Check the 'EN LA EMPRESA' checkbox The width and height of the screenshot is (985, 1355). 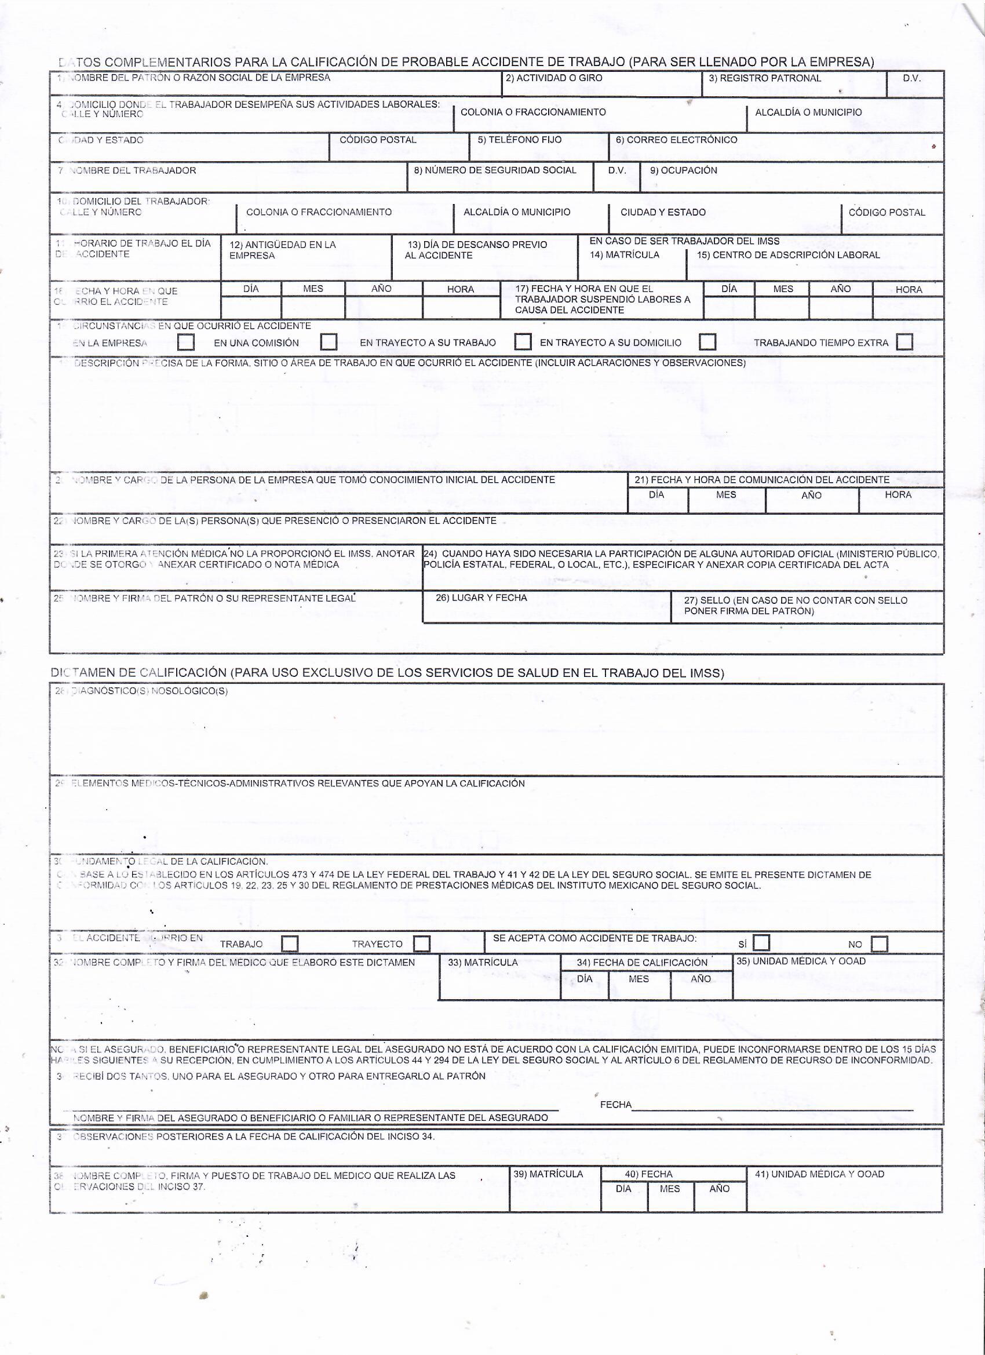(x=186, y=343)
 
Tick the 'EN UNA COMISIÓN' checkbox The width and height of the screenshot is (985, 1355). (x=329, y=343)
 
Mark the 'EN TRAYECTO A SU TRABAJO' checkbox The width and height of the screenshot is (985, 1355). (x=523, y=342)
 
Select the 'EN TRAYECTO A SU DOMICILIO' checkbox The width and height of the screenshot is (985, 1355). (x=708, y=342)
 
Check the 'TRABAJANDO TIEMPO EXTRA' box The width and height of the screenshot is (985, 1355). (x=904, y=343)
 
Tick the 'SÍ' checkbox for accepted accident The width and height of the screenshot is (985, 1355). (x=761, y=944)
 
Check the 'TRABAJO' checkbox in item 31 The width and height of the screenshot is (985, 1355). (x=290, y=944)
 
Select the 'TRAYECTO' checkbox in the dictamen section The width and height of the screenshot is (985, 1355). (x=422, y=944)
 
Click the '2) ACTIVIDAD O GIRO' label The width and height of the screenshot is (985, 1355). (x=554, y=78)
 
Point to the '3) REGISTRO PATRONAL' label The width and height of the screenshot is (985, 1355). (x=765, y=78)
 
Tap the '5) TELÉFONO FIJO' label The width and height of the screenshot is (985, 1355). (x=519, y=140)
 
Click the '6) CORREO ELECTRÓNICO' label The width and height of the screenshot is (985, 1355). (x=676, y=140)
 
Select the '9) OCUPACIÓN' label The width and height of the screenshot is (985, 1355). (x=683, y=170)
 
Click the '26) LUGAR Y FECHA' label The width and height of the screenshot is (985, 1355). (x=481, y=598)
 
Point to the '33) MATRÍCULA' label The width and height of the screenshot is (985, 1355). (x=483, y=963)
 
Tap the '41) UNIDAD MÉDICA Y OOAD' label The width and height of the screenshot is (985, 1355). (x=819, y=1174)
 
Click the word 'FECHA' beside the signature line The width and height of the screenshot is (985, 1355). (x=615, y=1105)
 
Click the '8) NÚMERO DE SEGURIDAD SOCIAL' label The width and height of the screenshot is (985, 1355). (x=495, y=170)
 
